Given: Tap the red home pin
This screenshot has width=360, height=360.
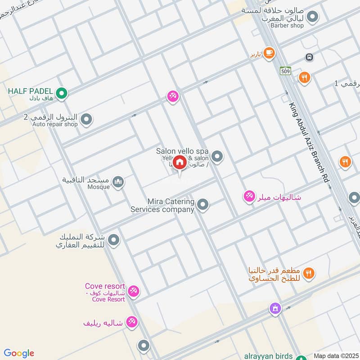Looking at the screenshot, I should [x=180, y=162].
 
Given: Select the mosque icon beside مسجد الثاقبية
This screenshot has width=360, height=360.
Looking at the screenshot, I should [x=118, y=182].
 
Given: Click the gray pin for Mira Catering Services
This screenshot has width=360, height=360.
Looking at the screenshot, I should [x=203, y=205].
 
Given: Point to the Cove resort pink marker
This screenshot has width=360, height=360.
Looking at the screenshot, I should [x=133, y=291].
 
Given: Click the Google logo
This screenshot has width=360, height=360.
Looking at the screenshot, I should [x=19, y=353].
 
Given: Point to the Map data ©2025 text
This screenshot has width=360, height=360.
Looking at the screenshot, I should [x=335, y=355].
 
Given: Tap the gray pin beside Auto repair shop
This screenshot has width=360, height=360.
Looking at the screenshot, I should [x=87, y=120].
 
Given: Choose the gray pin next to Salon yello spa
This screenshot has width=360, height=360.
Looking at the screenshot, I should [x=217, y=157].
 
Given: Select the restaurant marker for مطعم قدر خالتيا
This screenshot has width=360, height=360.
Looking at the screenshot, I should [x=309, y=273].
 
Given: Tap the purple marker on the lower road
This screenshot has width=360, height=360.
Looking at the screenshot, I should [x=275, y=309].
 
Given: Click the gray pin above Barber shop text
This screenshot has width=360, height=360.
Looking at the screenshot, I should [x=313, y=18].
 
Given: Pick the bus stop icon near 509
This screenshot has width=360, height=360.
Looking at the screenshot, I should [x=309, y=57].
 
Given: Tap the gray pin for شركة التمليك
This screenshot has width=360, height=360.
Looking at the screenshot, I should [x=114, y=240].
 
